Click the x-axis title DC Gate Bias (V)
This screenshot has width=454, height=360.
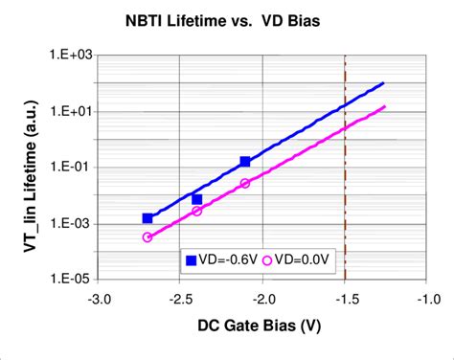pos(261,326)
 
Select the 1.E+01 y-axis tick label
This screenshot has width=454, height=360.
pos(66,111)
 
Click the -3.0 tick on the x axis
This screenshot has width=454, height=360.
pos(99,298)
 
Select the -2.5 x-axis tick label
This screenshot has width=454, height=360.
pos(180,298)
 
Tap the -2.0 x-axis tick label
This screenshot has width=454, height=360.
pos(262,298)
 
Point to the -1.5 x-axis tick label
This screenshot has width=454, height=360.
pos(345,298)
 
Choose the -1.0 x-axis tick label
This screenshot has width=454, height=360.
pos(426,298)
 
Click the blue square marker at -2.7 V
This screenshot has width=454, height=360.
pos(148,219)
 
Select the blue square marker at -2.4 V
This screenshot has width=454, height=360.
pos(196,199)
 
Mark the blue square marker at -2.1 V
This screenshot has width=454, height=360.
pos(245,162)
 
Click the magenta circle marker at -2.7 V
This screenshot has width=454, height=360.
pos(148,237)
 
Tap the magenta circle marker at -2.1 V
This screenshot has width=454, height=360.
pos(245,183)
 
